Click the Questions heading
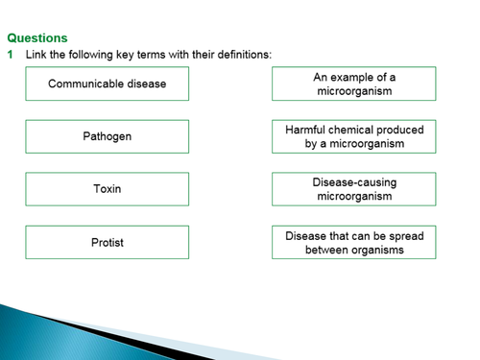coord(37,38)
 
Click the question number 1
coord(11,54)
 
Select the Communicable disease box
coord(107,84)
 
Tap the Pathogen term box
coord(107,136)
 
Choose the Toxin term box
coord(107,189)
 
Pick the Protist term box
coord(107,242)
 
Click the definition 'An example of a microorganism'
coord(353,84)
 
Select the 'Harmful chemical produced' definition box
coord(353,136)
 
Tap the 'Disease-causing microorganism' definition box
coord(353,189)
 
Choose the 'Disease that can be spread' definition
coord(353,242)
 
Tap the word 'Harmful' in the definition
coord(306,130)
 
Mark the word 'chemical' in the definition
coord(354,130)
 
